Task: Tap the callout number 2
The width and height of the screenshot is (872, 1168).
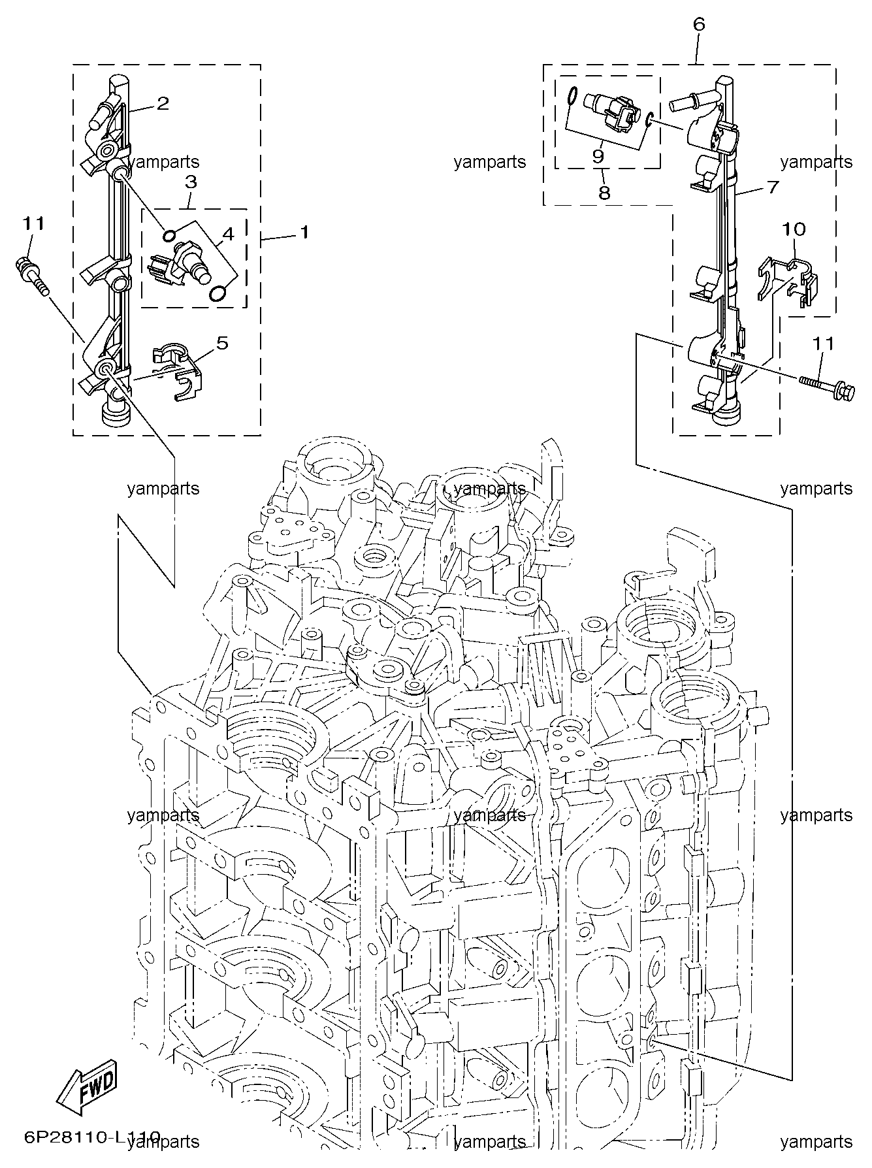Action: pyautogui.click(x=163, y=103)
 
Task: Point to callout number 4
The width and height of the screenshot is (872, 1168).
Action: pyautogui.click(x=227, y=233)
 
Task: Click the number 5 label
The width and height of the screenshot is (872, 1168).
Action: pyautogui.click(x=223, y=343)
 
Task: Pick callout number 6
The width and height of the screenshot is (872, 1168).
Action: pyautogui.click(x=698, y=25)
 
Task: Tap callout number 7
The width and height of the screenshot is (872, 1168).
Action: pyautogui.click(x=773, y=187)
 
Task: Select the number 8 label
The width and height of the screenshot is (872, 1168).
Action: pyautogui.click(x=604, y=193)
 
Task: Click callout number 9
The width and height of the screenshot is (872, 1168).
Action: pyautogui.click(x=598, y=157)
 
